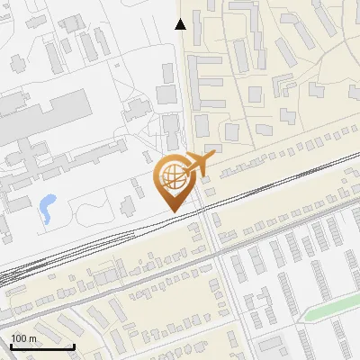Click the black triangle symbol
[x=181, y=24]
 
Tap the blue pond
[x=46, y=209]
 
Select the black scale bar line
[x=42, y=346]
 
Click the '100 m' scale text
[x=23, y=338]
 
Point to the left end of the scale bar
[x=11, y=346]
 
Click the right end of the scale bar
[x=74, y=346]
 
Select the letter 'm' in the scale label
[x=32, y=338]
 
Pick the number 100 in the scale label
[x=19, y=338]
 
